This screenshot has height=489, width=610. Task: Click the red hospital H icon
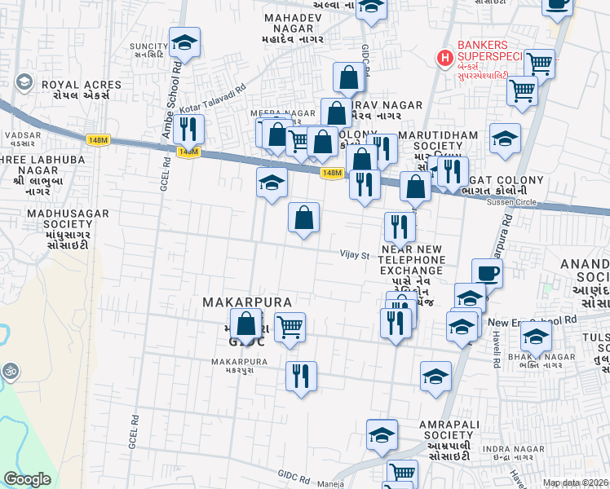(444, 58)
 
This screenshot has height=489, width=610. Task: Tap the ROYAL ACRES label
(72, 84)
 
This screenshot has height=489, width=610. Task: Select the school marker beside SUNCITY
(185, 44)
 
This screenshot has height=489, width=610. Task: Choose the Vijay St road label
(355, 254)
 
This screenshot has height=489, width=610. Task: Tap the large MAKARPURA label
(247, 302)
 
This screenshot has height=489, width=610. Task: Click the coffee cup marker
(487, 274)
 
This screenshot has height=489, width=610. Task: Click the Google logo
(27, 479)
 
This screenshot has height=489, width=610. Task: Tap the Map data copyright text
(575, 483)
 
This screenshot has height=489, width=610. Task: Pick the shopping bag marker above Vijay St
(303, 218)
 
